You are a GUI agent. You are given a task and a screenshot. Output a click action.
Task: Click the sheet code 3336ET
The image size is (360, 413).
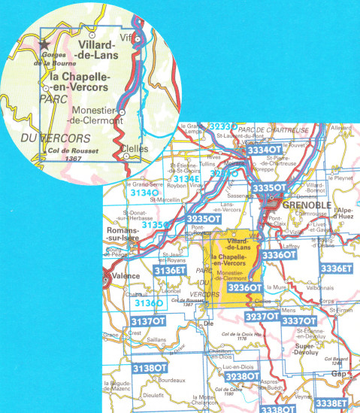(336, 268)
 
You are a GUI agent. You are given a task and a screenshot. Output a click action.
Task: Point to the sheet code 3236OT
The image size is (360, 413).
(245, 287)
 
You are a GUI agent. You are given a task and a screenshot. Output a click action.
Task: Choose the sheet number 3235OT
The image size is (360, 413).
(203, 219)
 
